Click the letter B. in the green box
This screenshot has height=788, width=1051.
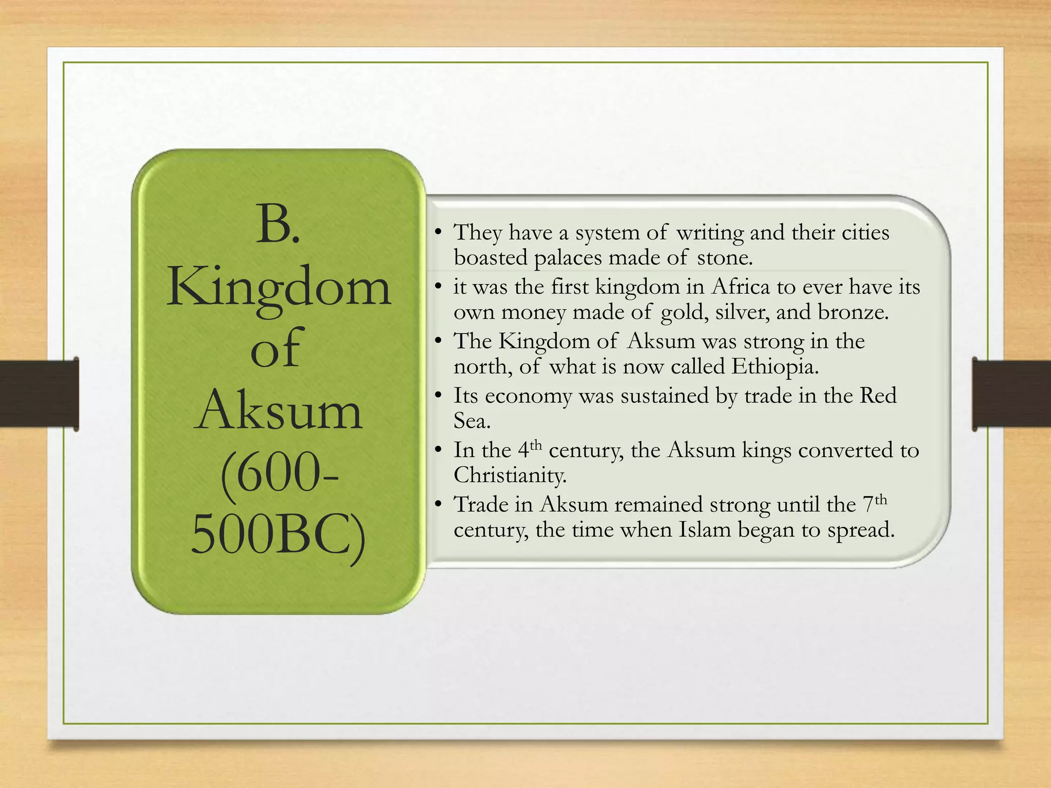[278, 224]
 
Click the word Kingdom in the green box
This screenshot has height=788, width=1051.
[279, 288]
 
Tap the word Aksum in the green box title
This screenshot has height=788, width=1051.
[279, 410]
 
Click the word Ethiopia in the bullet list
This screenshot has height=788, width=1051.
[775, 366]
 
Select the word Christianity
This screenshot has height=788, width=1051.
[510, 475]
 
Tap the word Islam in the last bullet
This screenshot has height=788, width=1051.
[705, 529]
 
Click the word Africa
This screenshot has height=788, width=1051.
[741, 287]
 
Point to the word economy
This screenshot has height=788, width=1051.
[528, 396]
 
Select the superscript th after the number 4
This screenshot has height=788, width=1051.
[535, 444]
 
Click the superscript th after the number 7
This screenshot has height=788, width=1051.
[881, 499]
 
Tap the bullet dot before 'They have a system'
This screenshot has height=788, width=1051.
[438, 233]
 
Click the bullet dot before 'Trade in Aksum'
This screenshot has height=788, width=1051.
[438, 505]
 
